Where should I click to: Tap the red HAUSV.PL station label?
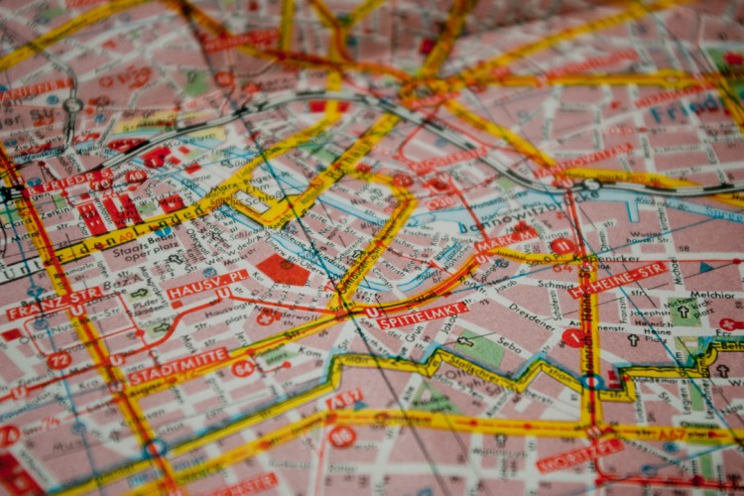point(208,284)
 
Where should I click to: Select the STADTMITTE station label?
point(179,366)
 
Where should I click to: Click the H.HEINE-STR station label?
point(618,281)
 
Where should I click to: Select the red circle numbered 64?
point(243,368)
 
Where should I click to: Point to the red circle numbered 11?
point(562,245)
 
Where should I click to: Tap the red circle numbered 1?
point(572,338)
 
